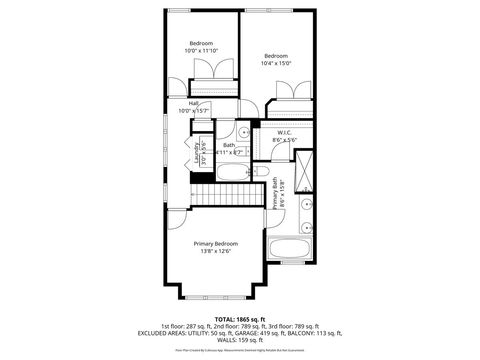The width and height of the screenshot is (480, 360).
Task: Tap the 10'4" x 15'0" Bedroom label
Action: [275, 59]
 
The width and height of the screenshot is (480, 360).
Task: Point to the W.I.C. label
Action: [284, 136]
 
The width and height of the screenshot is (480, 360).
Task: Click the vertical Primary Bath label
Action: [275, 192]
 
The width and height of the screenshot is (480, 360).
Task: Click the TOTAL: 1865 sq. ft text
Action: [239, 319]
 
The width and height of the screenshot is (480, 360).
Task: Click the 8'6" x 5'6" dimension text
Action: [284, 141]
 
